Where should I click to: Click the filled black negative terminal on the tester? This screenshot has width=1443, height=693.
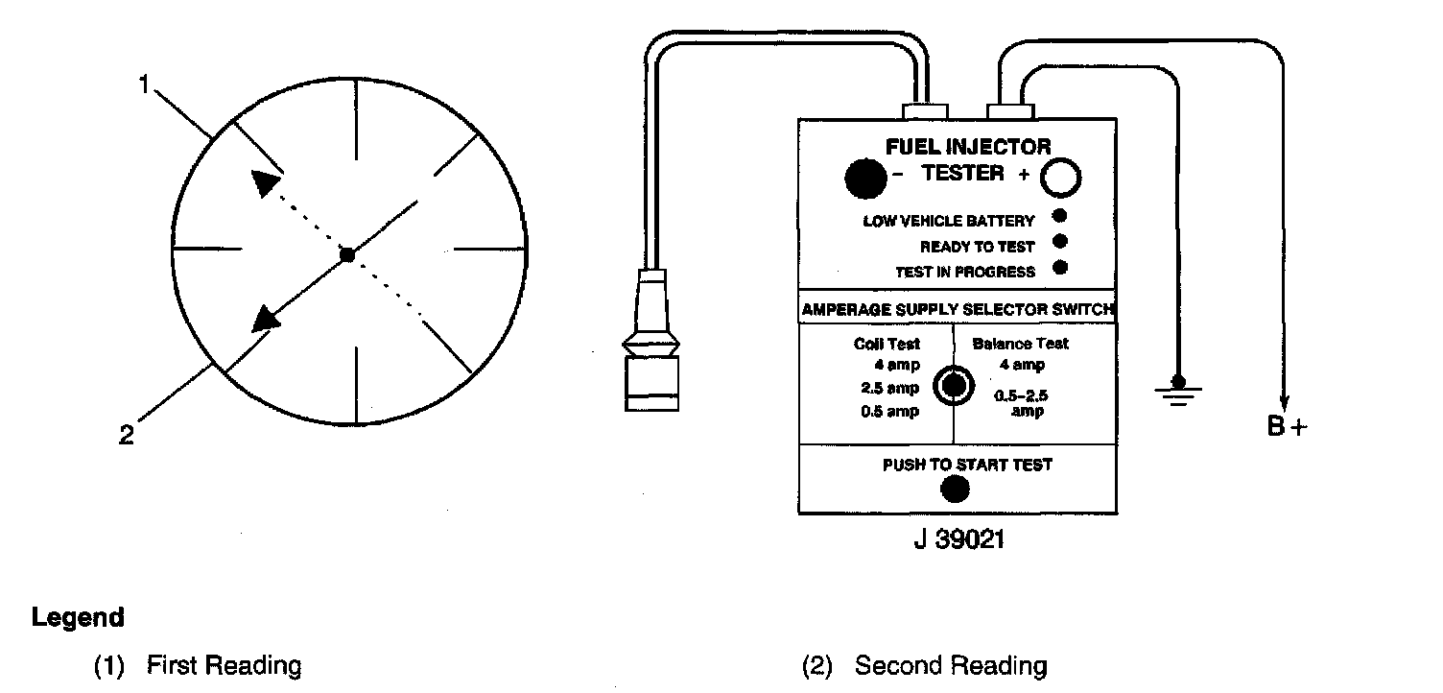865,177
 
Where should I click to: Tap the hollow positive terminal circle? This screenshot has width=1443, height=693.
1061,177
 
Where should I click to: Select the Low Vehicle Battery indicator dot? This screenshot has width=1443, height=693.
1059,216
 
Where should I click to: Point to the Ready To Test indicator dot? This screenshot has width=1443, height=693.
1059,242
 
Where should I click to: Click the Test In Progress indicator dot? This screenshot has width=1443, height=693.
1059,268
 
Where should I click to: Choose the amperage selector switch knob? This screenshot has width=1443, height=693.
953,385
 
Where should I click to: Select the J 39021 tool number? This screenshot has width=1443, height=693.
958,540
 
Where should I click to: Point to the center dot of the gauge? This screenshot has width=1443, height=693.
348,255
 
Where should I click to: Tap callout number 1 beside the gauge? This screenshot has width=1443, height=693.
145,84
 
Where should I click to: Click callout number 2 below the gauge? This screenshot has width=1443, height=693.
126,435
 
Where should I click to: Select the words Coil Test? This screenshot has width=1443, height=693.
887,344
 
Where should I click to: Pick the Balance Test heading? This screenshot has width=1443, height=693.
1020,343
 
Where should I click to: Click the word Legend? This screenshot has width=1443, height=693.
78,617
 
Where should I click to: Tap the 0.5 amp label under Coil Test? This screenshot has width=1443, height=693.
889,412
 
